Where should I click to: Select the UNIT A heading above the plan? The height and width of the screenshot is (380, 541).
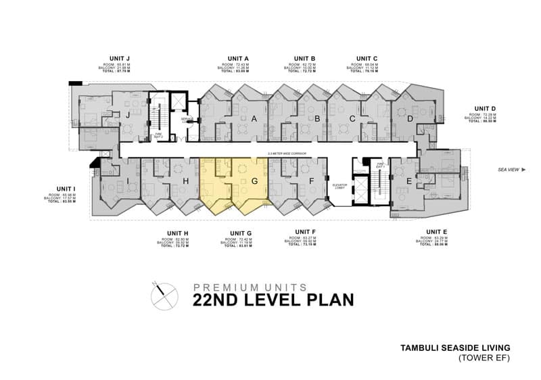point(237,59)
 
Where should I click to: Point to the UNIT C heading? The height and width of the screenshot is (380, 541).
point(367,59)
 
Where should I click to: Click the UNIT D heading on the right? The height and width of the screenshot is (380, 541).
point(485,108)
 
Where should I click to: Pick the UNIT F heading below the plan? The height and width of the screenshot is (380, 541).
point(300,233)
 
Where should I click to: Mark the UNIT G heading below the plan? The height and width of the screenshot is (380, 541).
point(239,233)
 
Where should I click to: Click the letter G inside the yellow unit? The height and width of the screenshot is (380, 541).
point(254,181)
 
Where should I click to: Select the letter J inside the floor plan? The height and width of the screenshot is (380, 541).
point(126,115)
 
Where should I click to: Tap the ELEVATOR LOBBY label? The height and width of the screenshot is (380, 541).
point(339,186)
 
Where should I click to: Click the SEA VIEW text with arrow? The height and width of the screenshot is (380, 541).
point(511,169)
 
